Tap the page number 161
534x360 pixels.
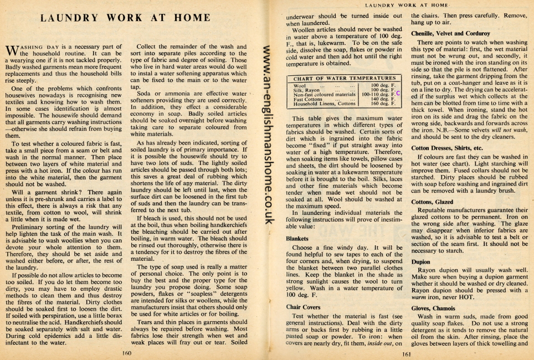click(406, 354)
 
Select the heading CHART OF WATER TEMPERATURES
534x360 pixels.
click(345, 79)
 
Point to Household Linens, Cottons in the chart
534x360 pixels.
click(324, 104)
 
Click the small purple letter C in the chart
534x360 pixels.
click(398, 94)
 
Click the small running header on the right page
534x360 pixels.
click(405, 5)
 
